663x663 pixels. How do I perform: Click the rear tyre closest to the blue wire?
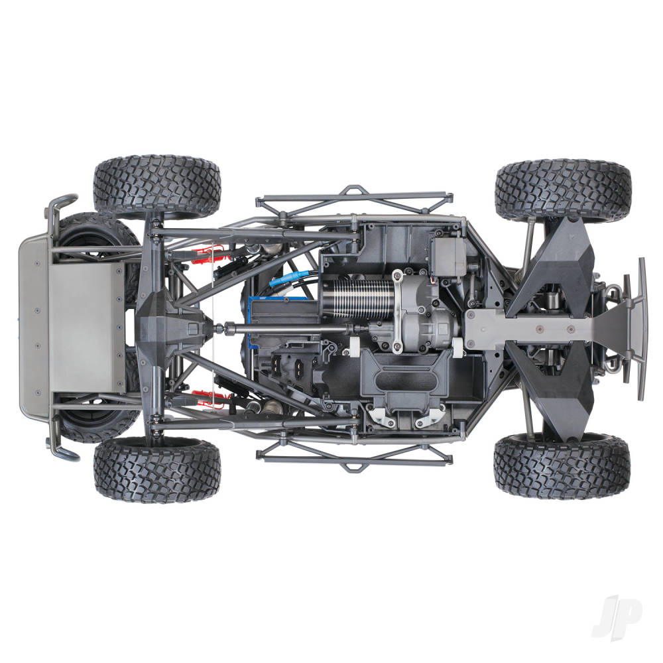(156, 186)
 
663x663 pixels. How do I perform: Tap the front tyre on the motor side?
(562, 190)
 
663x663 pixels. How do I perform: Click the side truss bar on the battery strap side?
(355, 455)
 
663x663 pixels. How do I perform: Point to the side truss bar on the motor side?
(355, 199)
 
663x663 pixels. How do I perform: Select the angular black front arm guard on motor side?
(554, 265)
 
